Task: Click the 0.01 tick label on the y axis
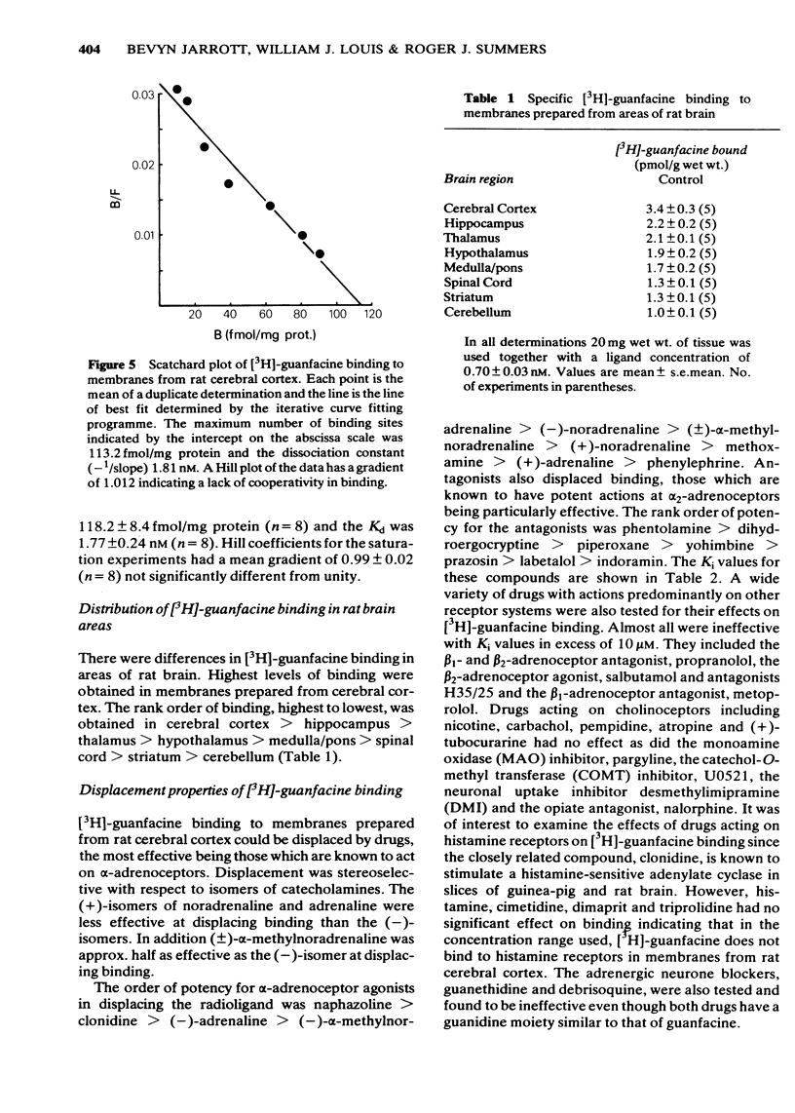point(142,235)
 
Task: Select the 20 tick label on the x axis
point(195,316)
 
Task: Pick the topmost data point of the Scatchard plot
point(177,90)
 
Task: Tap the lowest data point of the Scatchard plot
point(320,254)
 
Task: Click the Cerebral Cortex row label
point(490,209)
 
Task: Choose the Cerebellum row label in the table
point(475,312)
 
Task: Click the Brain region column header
point(479,179)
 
